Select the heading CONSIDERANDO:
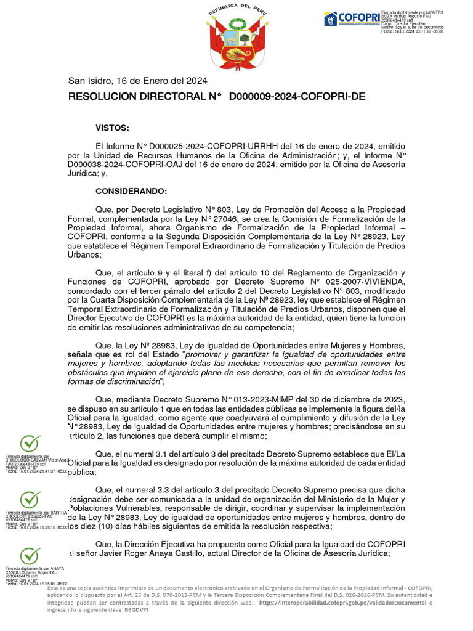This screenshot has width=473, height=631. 131,192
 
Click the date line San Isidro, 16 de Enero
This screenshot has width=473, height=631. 137,81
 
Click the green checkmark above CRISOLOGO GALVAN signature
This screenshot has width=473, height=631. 30,442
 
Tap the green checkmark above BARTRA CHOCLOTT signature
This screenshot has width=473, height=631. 30,499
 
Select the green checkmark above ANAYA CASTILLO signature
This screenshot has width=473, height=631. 30,555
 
